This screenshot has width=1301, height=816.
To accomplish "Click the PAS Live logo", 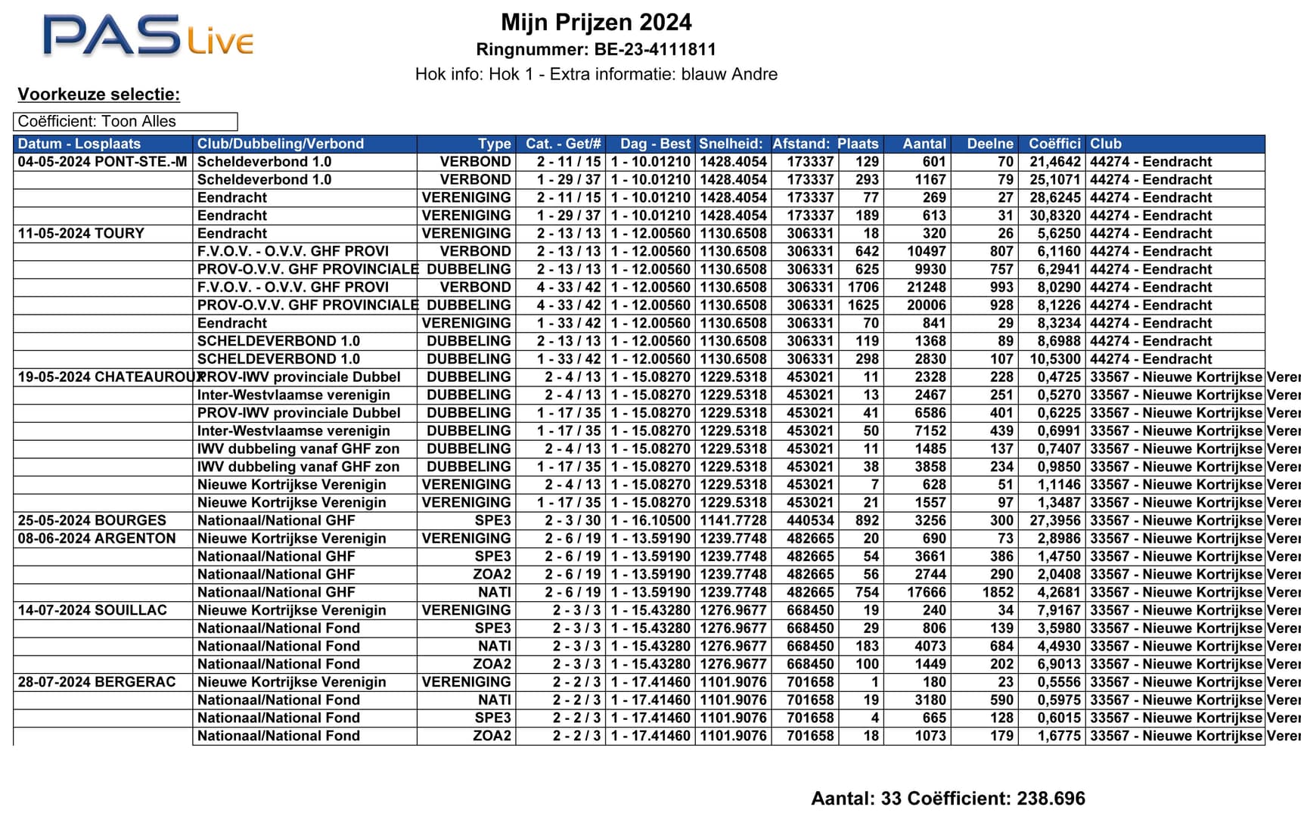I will (147, 36).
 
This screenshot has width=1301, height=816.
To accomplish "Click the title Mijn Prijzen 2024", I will (596, 22).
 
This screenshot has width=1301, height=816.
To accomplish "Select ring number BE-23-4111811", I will (596, 50).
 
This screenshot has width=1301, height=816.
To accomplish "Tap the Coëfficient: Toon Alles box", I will (125, 122).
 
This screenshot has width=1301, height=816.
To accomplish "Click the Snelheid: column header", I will (731, 144).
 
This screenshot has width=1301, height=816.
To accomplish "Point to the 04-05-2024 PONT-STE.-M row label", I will (102, 162).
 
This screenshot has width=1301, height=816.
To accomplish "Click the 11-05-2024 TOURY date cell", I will (81, 234).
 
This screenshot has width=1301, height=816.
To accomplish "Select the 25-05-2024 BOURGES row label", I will (92, 521).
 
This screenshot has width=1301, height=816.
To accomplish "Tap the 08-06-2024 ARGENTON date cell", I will (97, 538).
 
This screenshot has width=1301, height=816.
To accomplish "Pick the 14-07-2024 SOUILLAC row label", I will (92, 610).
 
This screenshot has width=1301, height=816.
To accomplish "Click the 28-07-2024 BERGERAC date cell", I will (97, 682).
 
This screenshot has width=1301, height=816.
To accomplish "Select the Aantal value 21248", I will (927, 287).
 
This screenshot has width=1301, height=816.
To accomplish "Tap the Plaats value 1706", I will (862, 287).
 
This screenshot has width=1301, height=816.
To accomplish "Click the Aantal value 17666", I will (927, 593).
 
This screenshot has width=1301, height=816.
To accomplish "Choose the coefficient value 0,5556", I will (1058, 682).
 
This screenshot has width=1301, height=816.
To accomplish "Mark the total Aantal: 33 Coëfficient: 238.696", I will (948, 799).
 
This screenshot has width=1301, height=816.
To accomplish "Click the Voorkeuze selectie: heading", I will (99, 95).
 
